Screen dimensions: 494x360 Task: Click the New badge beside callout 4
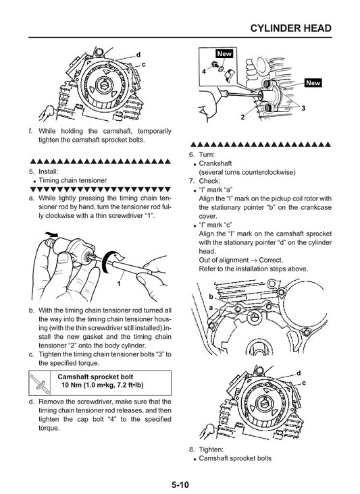(x=224, y=53)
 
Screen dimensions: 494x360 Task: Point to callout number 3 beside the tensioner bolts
(x=304, y=108)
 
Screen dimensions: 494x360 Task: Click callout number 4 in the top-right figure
(x=204, y=70)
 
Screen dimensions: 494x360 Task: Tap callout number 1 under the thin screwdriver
(x=119, y=284)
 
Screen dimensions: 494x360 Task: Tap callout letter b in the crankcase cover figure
(x=211, y=296)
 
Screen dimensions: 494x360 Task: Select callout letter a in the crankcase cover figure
(x=211, y=306)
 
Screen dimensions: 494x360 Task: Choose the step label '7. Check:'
(x=204, y=181)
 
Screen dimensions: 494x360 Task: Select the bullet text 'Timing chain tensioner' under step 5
(x=73, y=181)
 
